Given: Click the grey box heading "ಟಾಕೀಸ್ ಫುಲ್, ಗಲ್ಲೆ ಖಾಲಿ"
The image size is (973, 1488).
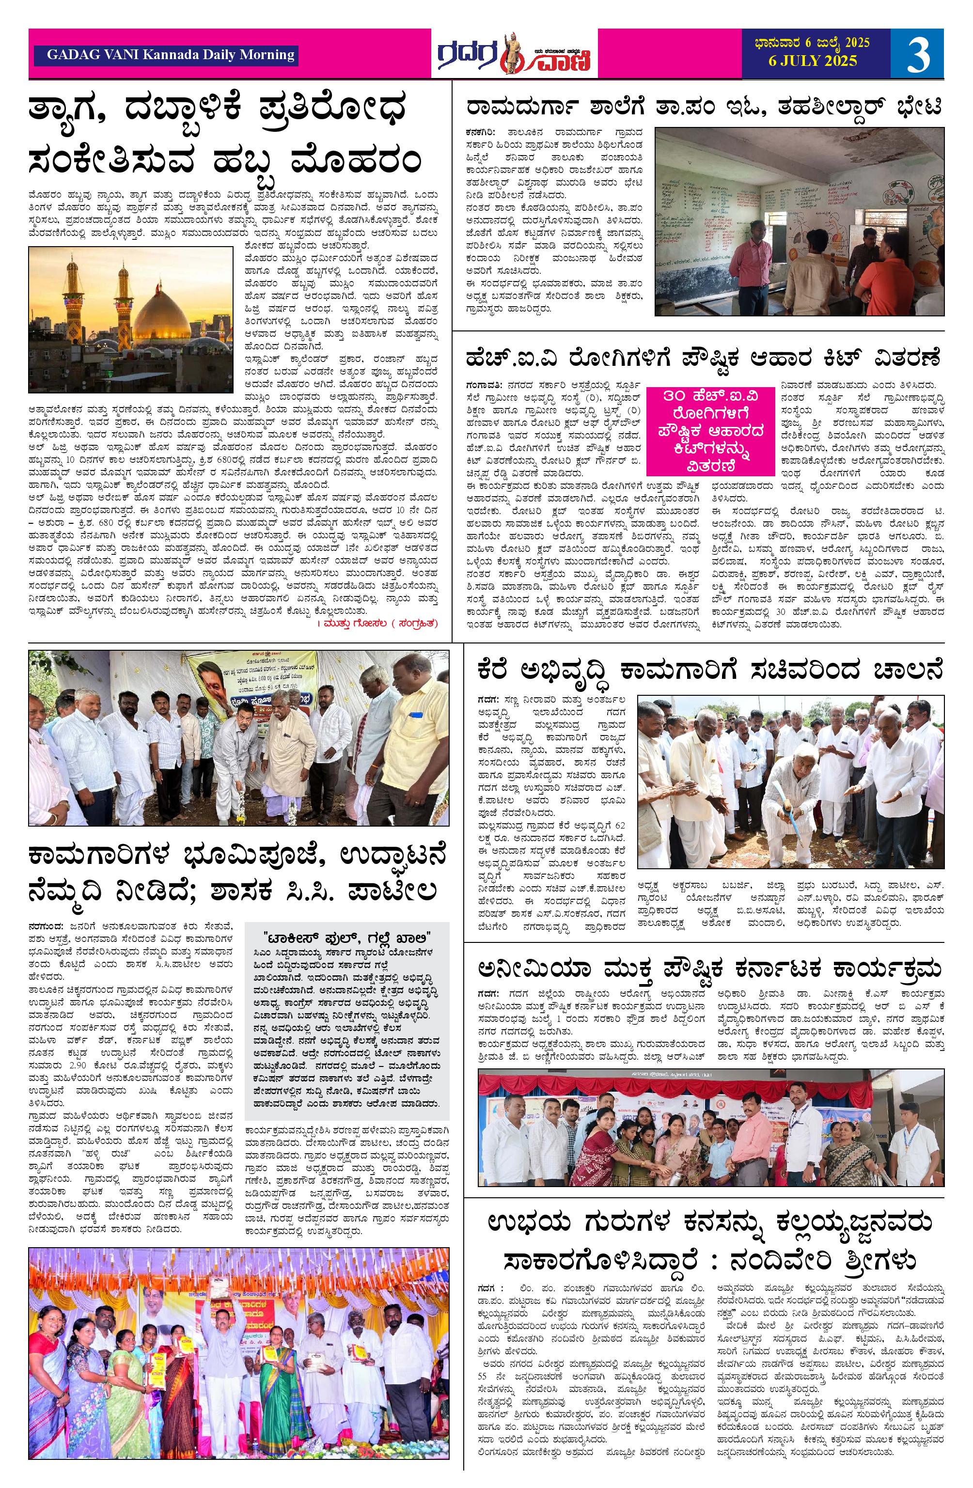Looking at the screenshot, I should click(x=346, y=937).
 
